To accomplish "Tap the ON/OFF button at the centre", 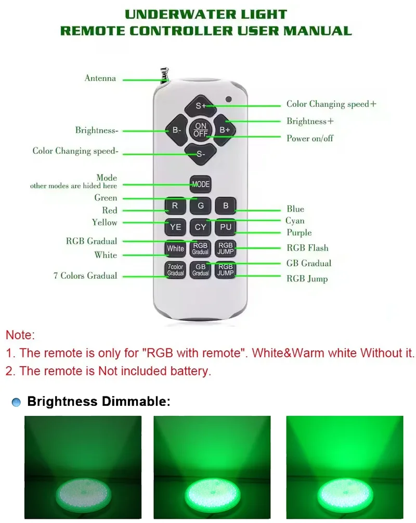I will [x=201, y=130].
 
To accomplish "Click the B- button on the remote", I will [x=176, y=130].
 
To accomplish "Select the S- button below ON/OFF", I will [x=201, y=154].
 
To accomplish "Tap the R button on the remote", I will [x=175, y=206].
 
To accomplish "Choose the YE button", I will [x=175, y=227].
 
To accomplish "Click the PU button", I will [x=226, y=227].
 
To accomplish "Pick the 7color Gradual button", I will [x=175, y=270].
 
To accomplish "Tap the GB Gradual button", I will [x=201, y=270].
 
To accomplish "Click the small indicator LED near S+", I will [x=228, y=99].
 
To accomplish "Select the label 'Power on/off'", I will [x=310, y=139].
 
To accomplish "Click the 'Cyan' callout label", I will [x=295, y=221].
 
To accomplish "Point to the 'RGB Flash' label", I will [x=307, y=248].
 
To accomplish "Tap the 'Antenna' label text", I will [x=100, y=79].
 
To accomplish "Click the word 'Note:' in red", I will [x=20, y=335].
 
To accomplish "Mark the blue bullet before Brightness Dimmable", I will [x=17, y=402].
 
